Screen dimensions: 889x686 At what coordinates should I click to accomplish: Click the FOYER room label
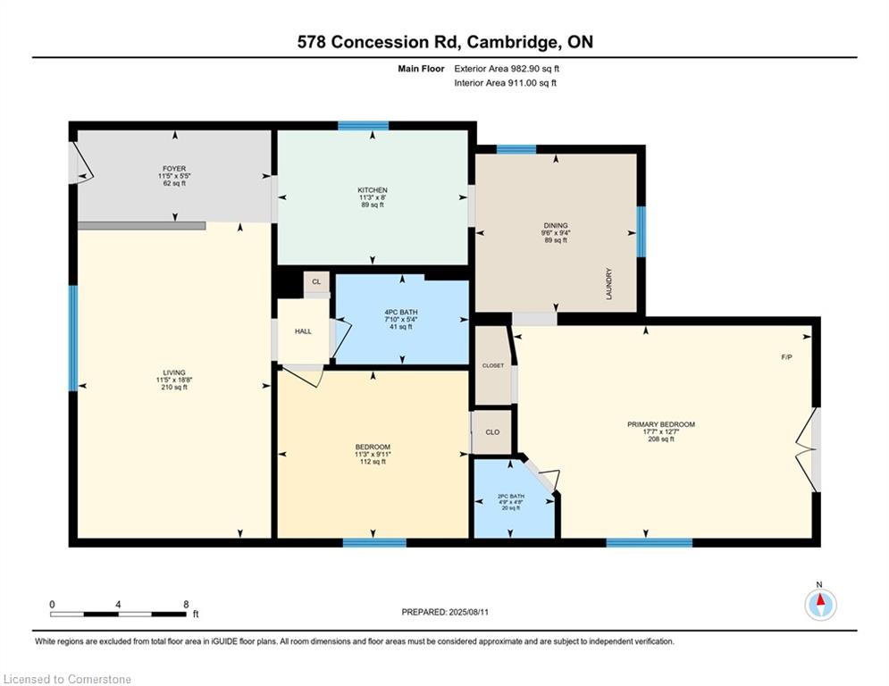174,169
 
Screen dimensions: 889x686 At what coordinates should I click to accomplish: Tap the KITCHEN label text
373,190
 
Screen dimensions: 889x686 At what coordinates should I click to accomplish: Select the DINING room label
556,225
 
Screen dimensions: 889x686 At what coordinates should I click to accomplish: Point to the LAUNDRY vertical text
609,284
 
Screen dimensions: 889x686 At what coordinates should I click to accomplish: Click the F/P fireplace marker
786,357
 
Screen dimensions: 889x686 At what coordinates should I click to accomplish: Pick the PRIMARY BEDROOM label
661,424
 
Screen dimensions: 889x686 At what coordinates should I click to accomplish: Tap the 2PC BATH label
511,496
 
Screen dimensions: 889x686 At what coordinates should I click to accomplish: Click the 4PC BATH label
401,312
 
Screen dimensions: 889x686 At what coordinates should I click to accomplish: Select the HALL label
303,331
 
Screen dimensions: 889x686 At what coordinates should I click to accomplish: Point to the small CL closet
316,281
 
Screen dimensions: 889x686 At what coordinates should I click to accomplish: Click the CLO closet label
492,432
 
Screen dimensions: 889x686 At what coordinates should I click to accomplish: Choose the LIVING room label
174,372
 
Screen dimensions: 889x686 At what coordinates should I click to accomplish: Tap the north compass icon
820,605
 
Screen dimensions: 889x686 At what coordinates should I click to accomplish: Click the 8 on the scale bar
186,605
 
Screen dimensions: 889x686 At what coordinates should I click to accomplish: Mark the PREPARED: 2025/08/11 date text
445,612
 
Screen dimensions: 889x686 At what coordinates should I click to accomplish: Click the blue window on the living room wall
73,338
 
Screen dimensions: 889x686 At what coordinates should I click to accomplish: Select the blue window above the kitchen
364,126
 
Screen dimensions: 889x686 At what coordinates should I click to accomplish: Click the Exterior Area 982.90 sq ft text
507,69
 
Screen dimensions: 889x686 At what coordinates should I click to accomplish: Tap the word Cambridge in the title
512,42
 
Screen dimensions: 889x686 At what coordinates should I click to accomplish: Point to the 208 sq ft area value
661,439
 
